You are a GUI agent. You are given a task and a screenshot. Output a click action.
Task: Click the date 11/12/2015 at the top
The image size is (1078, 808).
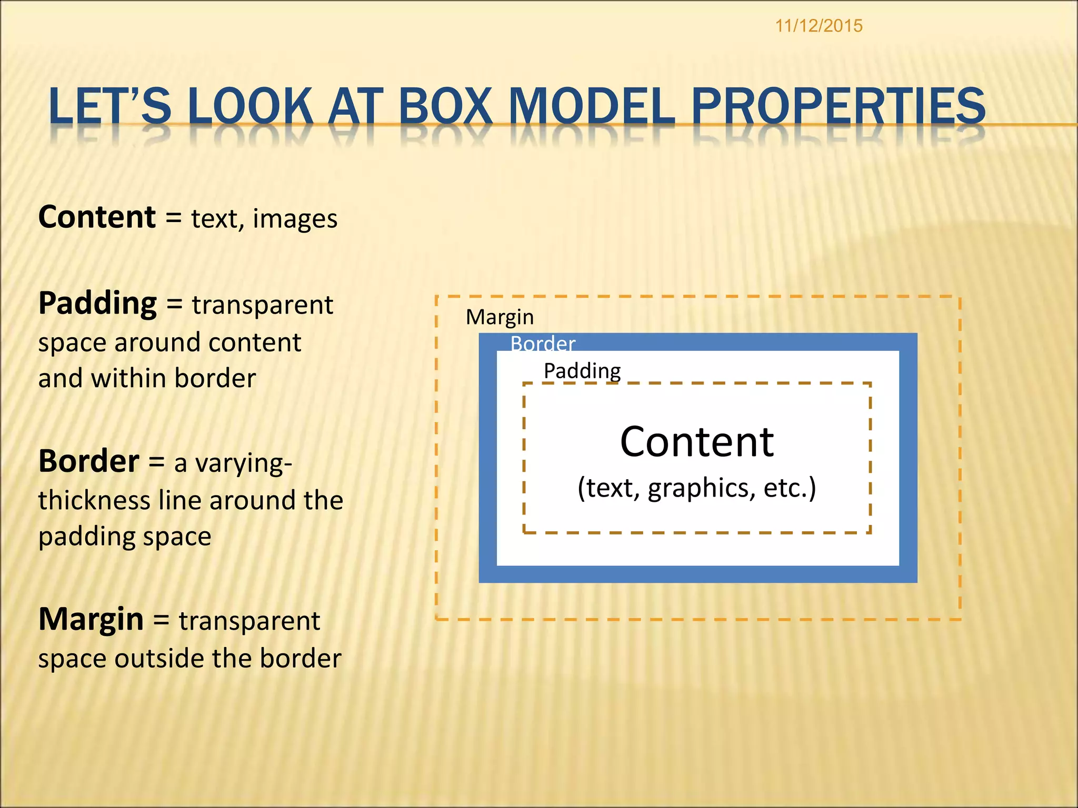(819, 26)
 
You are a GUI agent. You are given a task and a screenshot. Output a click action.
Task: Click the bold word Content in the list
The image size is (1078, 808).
(97, 217)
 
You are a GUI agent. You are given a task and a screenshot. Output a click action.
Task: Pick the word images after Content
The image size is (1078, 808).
(295, 219)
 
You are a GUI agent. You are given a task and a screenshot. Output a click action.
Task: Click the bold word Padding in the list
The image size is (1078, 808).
(98, 304)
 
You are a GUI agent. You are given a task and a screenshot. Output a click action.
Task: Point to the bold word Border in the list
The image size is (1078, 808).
(89, 461)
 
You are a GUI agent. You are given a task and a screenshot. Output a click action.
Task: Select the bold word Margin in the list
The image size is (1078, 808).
(91, 619)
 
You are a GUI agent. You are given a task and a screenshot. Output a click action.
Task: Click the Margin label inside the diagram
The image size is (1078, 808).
(500, 317)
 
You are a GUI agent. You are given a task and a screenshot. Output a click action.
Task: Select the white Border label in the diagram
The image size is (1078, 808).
(543, 344)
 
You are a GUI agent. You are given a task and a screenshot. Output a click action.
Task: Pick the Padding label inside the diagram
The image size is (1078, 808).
(582, 371)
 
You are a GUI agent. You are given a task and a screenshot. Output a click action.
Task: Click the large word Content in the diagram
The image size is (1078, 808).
(696, 442)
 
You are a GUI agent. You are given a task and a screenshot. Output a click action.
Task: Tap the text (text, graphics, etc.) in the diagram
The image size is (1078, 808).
(696, 488)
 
